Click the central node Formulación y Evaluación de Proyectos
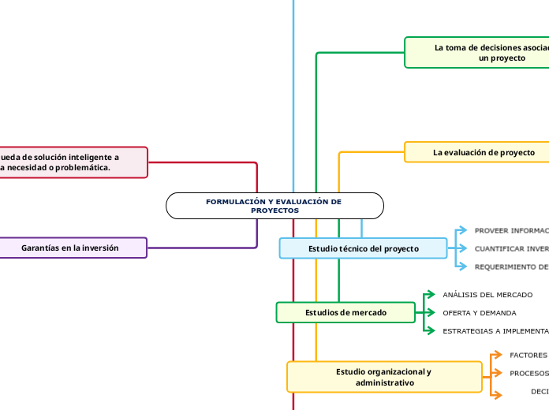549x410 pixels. (274, 206)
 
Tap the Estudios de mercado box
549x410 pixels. (345, 312)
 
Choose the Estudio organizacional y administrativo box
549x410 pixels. (384, 376)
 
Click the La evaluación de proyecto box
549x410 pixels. (476, 151)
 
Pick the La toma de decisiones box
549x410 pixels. (476, 52)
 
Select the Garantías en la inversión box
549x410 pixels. (71, 248)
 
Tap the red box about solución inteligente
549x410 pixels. (71, 162)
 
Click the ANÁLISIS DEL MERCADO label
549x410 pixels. (487, 295)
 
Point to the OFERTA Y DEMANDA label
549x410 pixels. (480, 313)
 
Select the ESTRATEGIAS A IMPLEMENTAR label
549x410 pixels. (495, 331)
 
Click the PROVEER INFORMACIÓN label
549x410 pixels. (510, 231)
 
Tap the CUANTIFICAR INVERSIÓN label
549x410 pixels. (510, 248)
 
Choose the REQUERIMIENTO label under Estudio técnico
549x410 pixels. (510, 266)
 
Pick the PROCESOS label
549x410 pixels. (528, 374)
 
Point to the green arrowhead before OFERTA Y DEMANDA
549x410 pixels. (430, 313)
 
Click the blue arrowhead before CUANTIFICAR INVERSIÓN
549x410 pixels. (462, 248)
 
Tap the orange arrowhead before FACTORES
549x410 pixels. (497, 356)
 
